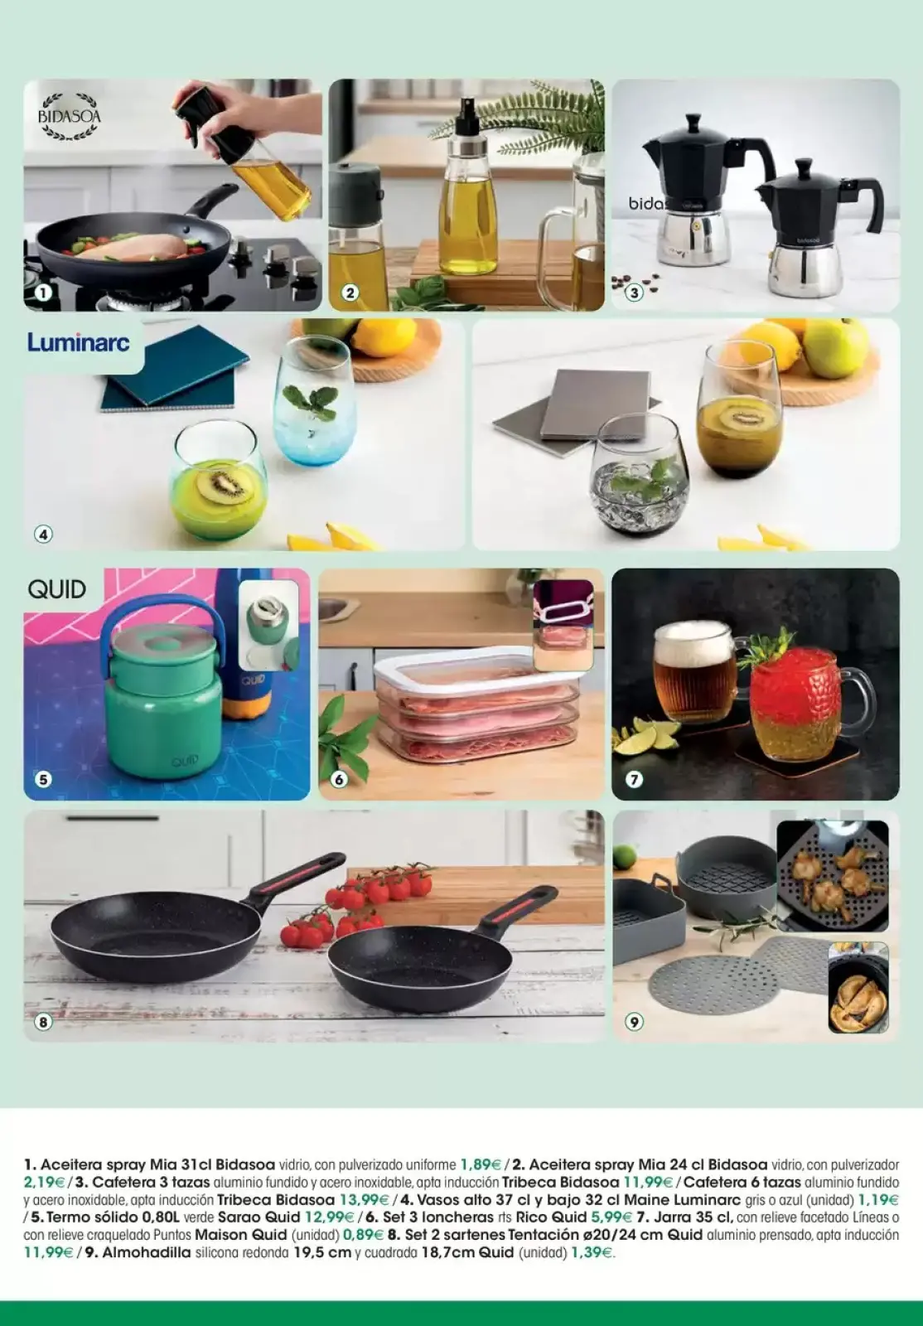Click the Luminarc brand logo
[x=79, y=341]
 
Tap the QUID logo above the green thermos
[x=57, y=589]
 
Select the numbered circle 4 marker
[x=43, y=535]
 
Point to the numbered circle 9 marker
[x=635, y=1022]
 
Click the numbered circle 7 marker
[x=635, y=779]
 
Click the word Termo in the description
[x=68, y=1217]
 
